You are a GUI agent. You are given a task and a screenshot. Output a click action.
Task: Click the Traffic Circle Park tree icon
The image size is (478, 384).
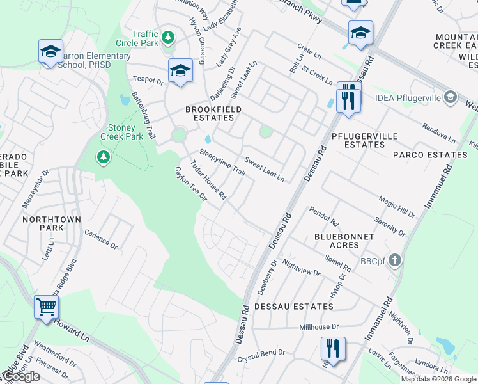point(168,37)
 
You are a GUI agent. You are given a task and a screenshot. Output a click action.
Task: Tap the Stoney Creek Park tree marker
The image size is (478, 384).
point(102,157)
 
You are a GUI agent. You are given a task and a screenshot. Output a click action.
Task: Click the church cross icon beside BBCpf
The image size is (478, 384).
point(395,260)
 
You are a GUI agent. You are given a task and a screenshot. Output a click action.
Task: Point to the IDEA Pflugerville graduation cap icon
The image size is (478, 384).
point(451,97)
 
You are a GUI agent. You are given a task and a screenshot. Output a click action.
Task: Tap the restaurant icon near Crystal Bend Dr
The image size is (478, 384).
point(333,349)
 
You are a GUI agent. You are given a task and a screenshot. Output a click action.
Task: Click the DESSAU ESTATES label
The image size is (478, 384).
point(293,307)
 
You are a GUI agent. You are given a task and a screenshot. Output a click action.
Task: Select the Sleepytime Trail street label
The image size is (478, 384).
point(222,162)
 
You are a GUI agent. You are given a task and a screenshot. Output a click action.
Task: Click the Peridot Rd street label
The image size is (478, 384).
point(323,216)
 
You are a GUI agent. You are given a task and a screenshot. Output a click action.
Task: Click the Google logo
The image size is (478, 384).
point(20,377)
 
